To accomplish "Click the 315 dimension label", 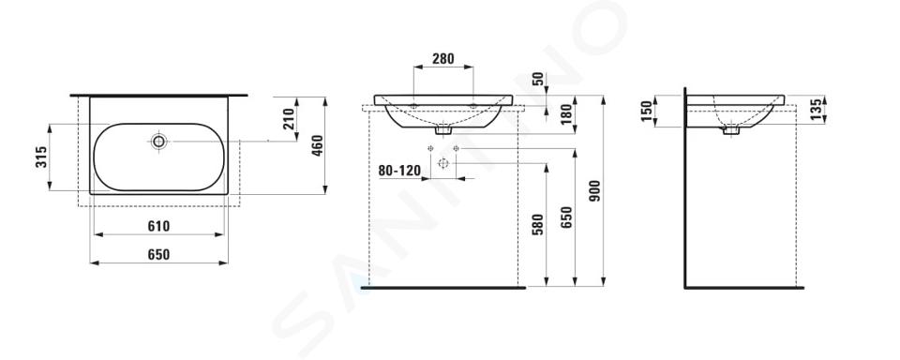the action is [x=40, y=157].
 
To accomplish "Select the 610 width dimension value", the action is [x=158, y=226].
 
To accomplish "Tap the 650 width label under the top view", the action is [x=158, y=254].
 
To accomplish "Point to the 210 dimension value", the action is [x=289, y=119].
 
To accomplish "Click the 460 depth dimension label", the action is [x=318, y=146].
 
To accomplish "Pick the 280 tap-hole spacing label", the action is [x=443, y=58].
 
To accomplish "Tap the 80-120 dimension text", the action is [x=399, y=171].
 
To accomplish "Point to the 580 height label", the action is [x=537, y=225].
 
